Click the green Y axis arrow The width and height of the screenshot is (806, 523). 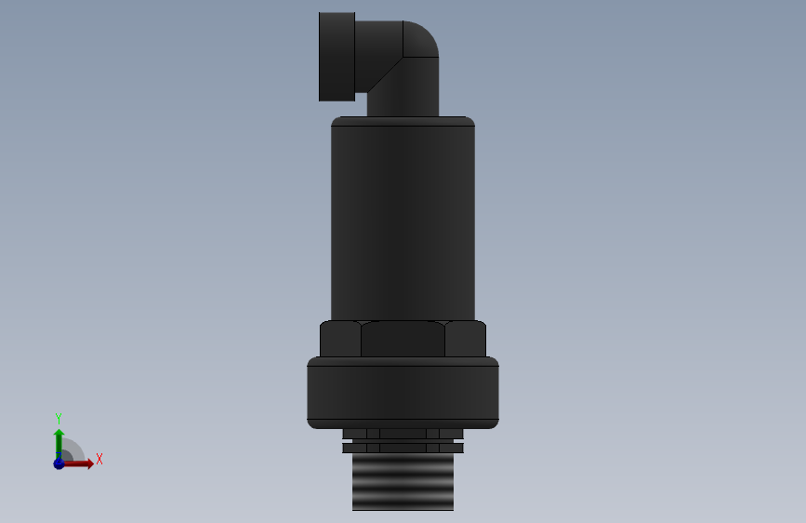pos(59,440)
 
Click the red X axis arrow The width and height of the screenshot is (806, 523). pos(82,463)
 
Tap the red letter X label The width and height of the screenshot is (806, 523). pos(99,459)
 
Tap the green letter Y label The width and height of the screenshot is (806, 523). pos(59,418)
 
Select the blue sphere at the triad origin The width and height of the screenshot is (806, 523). pos(59,463)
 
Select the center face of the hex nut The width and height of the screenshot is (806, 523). pos(403,339)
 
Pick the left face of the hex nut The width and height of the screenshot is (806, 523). pos(340,339)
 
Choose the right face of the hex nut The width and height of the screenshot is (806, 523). pos(465,339)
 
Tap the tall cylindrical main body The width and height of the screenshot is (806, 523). pos(403,223)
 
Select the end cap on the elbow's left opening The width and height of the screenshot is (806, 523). pos(337,56)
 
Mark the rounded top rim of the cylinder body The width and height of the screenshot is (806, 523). pos(403,121)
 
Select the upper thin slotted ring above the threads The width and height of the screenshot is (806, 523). pos(403,433)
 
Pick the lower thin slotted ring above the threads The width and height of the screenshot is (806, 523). pos(403,448)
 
